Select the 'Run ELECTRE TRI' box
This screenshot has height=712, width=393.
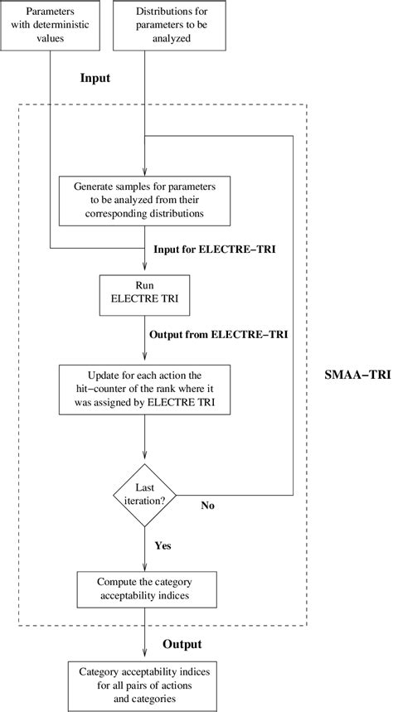coord(145,294)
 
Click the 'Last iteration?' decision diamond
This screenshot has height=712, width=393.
coord(145,496)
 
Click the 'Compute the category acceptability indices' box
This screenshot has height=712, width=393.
coord(145,590)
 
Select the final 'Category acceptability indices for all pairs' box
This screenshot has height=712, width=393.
coord(145,685)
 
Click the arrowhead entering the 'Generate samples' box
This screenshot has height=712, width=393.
coord(145,171)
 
